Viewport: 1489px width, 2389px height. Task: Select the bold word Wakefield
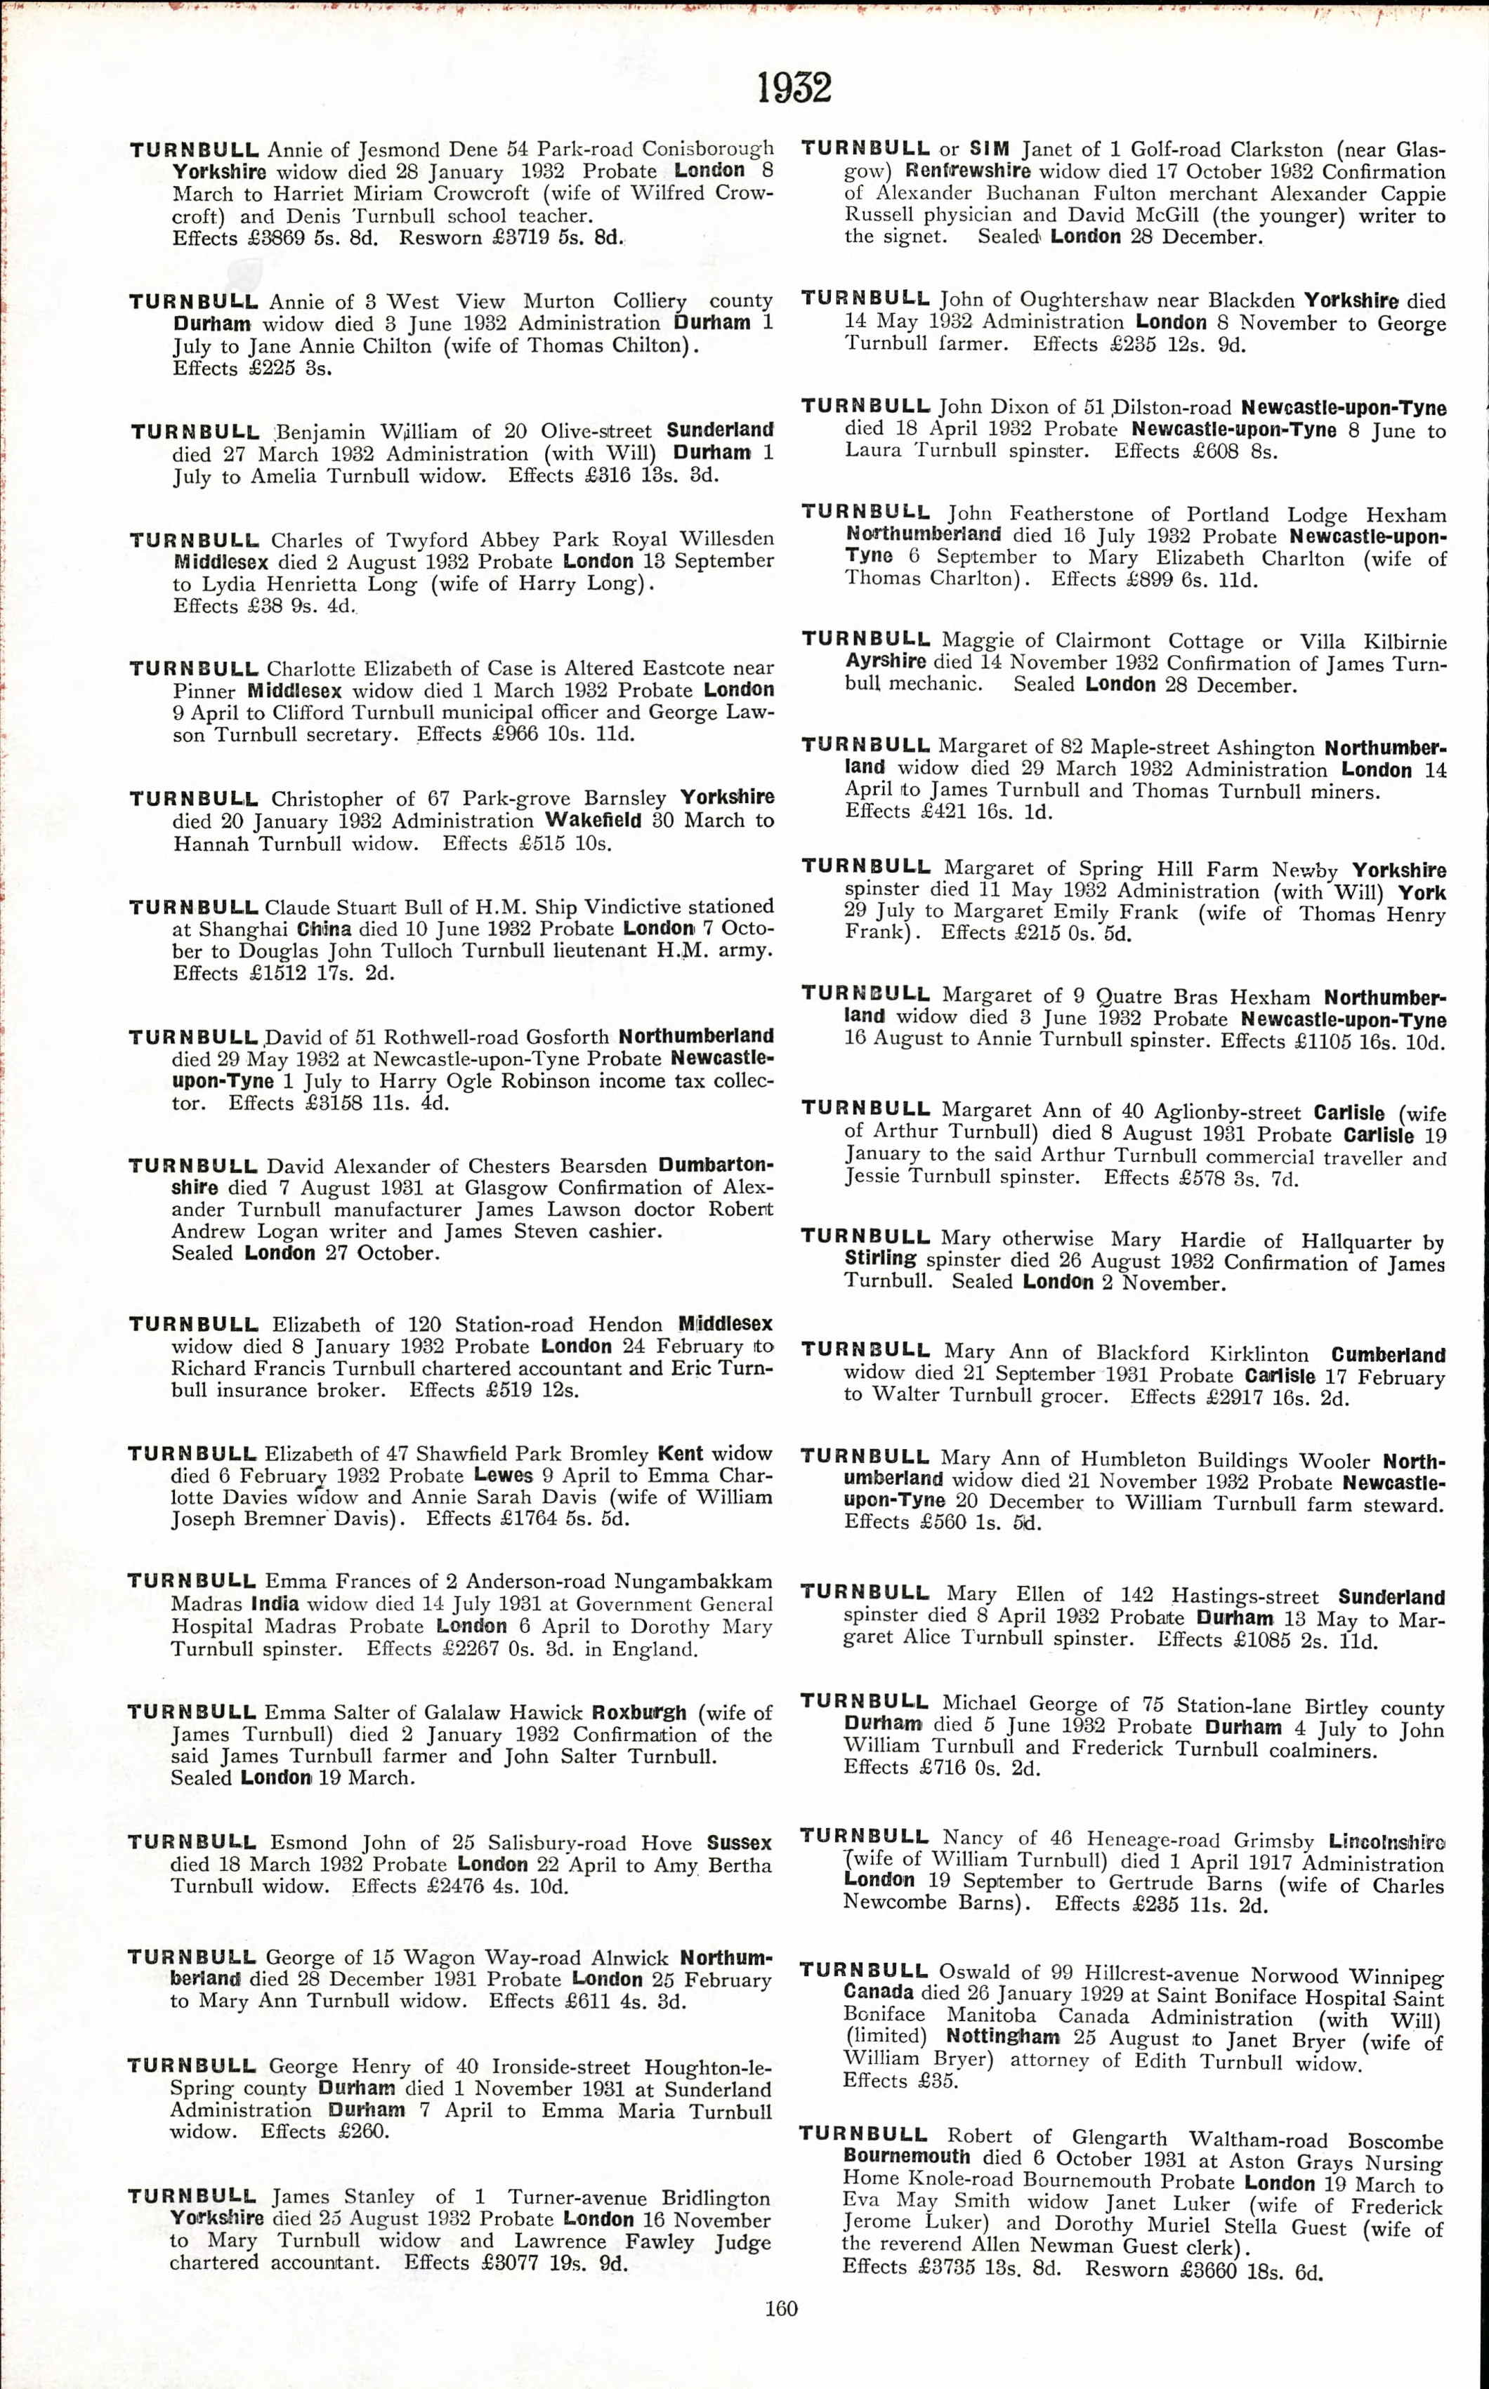point(593,820)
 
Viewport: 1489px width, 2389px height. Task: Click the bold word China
point(323,928)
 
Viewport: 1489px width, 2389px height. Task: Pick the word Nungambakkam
point(693,1582)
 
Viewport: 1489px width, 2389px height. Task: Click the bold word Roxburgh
point(639,1714)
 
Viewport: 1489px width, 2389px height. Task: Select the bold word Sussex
point(740,1843)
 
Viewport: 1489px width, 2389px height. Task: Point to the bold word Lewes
point(503,1476)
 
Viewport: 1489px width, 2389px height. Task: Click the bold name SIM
point(990,150)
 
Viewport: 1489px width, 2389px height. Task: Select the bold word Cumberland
point(1388,1356)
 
